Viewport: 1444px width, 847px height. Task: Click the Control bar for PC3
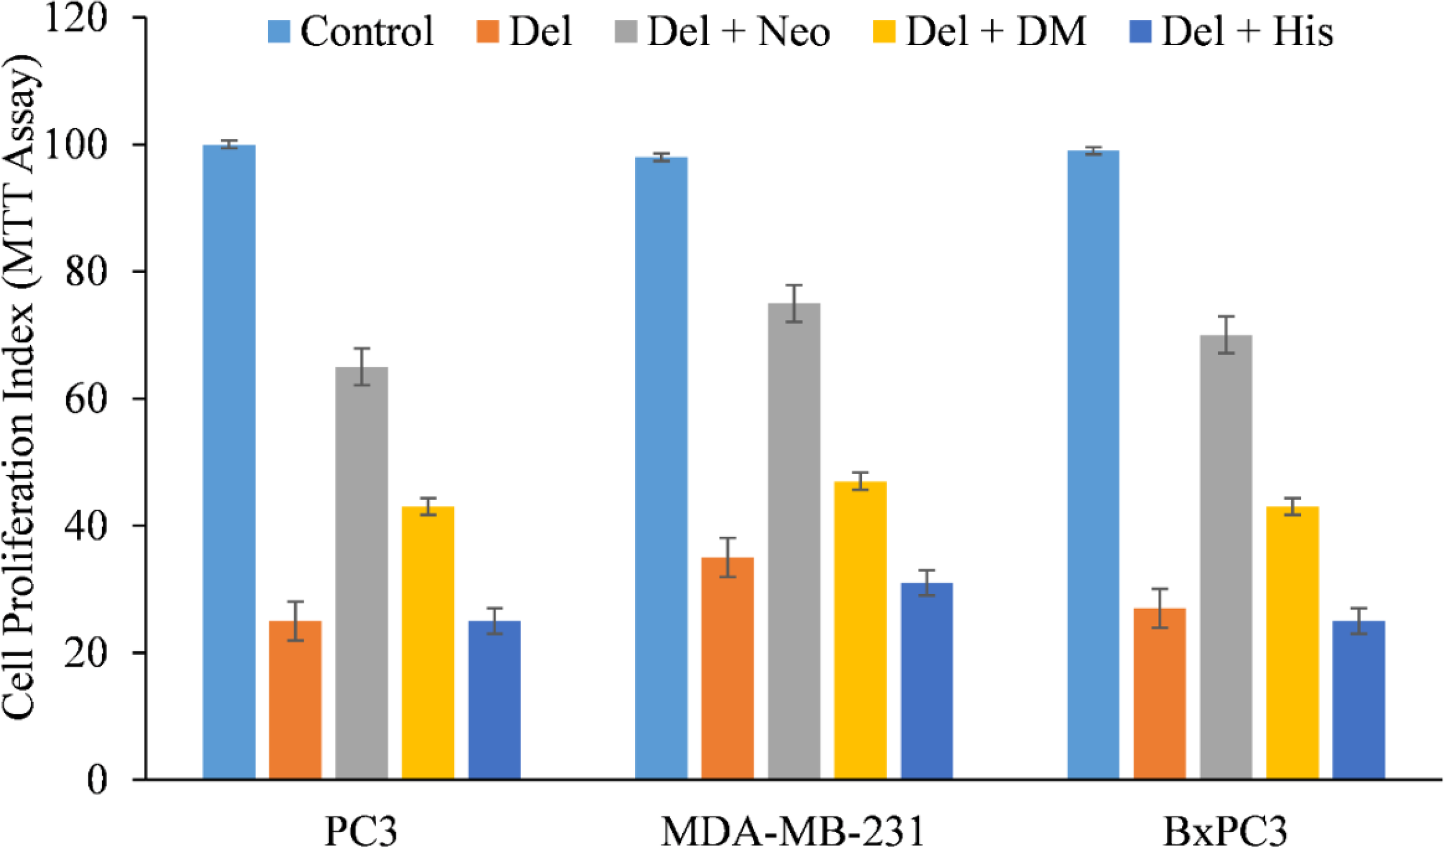(x=229, y=462)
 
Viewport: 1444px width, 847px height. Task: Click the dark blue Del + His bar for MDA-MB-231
(x=926, y=681)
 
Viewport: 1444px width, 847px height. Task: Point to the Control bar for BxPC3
(x=1093, y=465)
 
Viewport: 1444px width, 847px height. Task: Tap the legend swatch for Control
(x=279, y=31)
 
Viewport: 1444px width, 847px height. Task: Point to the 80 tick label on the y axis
(x=85, y=272)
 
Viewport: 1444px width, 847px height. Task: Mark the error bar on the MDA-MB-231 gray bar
(x=794, y=303)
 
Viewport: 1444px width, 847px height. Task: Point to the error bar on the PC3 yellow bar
(x=428, y=506)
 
